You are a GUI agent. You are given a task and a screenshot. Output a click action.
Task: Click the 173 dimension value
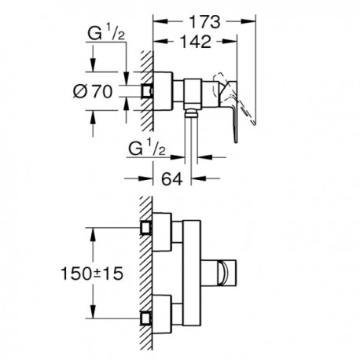pos(204,22)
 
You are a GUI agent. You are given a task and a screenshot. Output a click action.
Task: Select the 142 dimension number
pos(197,42)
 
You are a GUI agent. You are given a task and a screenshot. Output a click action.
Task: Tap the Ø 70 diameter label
pos(93,92)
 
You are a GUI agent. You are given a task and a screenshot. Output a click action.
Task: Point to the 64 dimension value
pos(172,179)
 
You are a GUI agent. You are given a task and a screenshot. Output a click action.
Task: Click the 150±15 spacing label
pos(92,274)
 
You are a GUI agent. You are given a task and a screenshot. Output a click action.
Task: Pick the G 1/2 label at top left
pos(106,34)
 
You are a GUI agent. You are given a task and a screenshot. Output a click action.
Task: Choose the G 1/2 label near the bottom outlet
pos(147,150)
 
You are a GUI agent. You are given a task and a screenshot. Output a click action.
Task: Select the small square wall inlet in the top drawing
pos(146,91)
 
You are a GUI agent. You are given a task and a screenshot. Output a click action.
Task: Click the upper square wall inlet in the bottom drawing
pos(145,227)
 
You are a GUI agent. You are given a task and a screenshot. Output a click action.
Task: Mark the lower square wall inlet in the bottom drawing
pos(145,318)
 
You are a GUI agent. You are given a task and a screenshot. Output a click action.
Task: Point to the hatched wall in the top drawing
pos(147,90)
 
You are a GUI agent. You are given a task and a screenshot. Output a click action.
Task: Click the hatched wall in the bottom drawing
pos(146,273)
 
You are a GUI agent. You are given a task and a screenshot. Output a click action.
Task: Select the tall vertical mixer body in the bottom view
pos(192,273)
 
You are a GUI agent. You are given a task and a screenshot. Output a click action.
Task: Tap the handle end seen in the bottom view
pos(227,273)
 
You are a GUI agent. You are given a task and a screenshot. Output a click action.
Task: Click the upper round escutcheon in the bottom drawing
pos(162,232)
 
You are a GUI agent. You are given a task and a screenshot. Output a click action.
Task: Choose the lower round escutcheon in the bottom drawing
pos(162,314)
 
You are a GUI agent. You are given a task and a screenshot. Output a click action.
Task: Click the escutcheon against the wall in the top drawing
pos(163,90)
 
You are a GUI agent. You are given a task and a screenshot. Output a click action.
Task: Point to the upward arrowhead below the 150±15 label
pos(92,308)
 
